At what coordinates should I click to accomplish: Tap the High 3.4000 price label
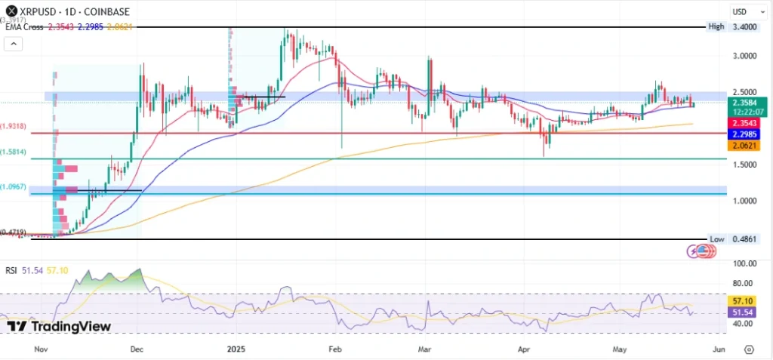coord(743,26)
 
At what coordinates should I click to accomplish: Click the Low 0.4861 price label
coord(743,238)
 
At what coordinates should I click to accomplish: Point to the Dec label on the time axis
coord(136,349)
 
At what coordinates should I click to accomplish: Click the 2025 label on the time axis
coord(236,349)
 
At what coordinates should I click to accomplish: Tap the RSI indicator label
coord(11,269)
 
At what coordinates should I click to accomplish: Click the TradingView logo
coord(59,326)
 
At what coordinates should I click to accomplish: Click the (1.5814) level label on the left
coord(15,152)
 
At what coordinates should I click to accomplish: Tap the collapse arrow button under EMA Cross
coord(13,45)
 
